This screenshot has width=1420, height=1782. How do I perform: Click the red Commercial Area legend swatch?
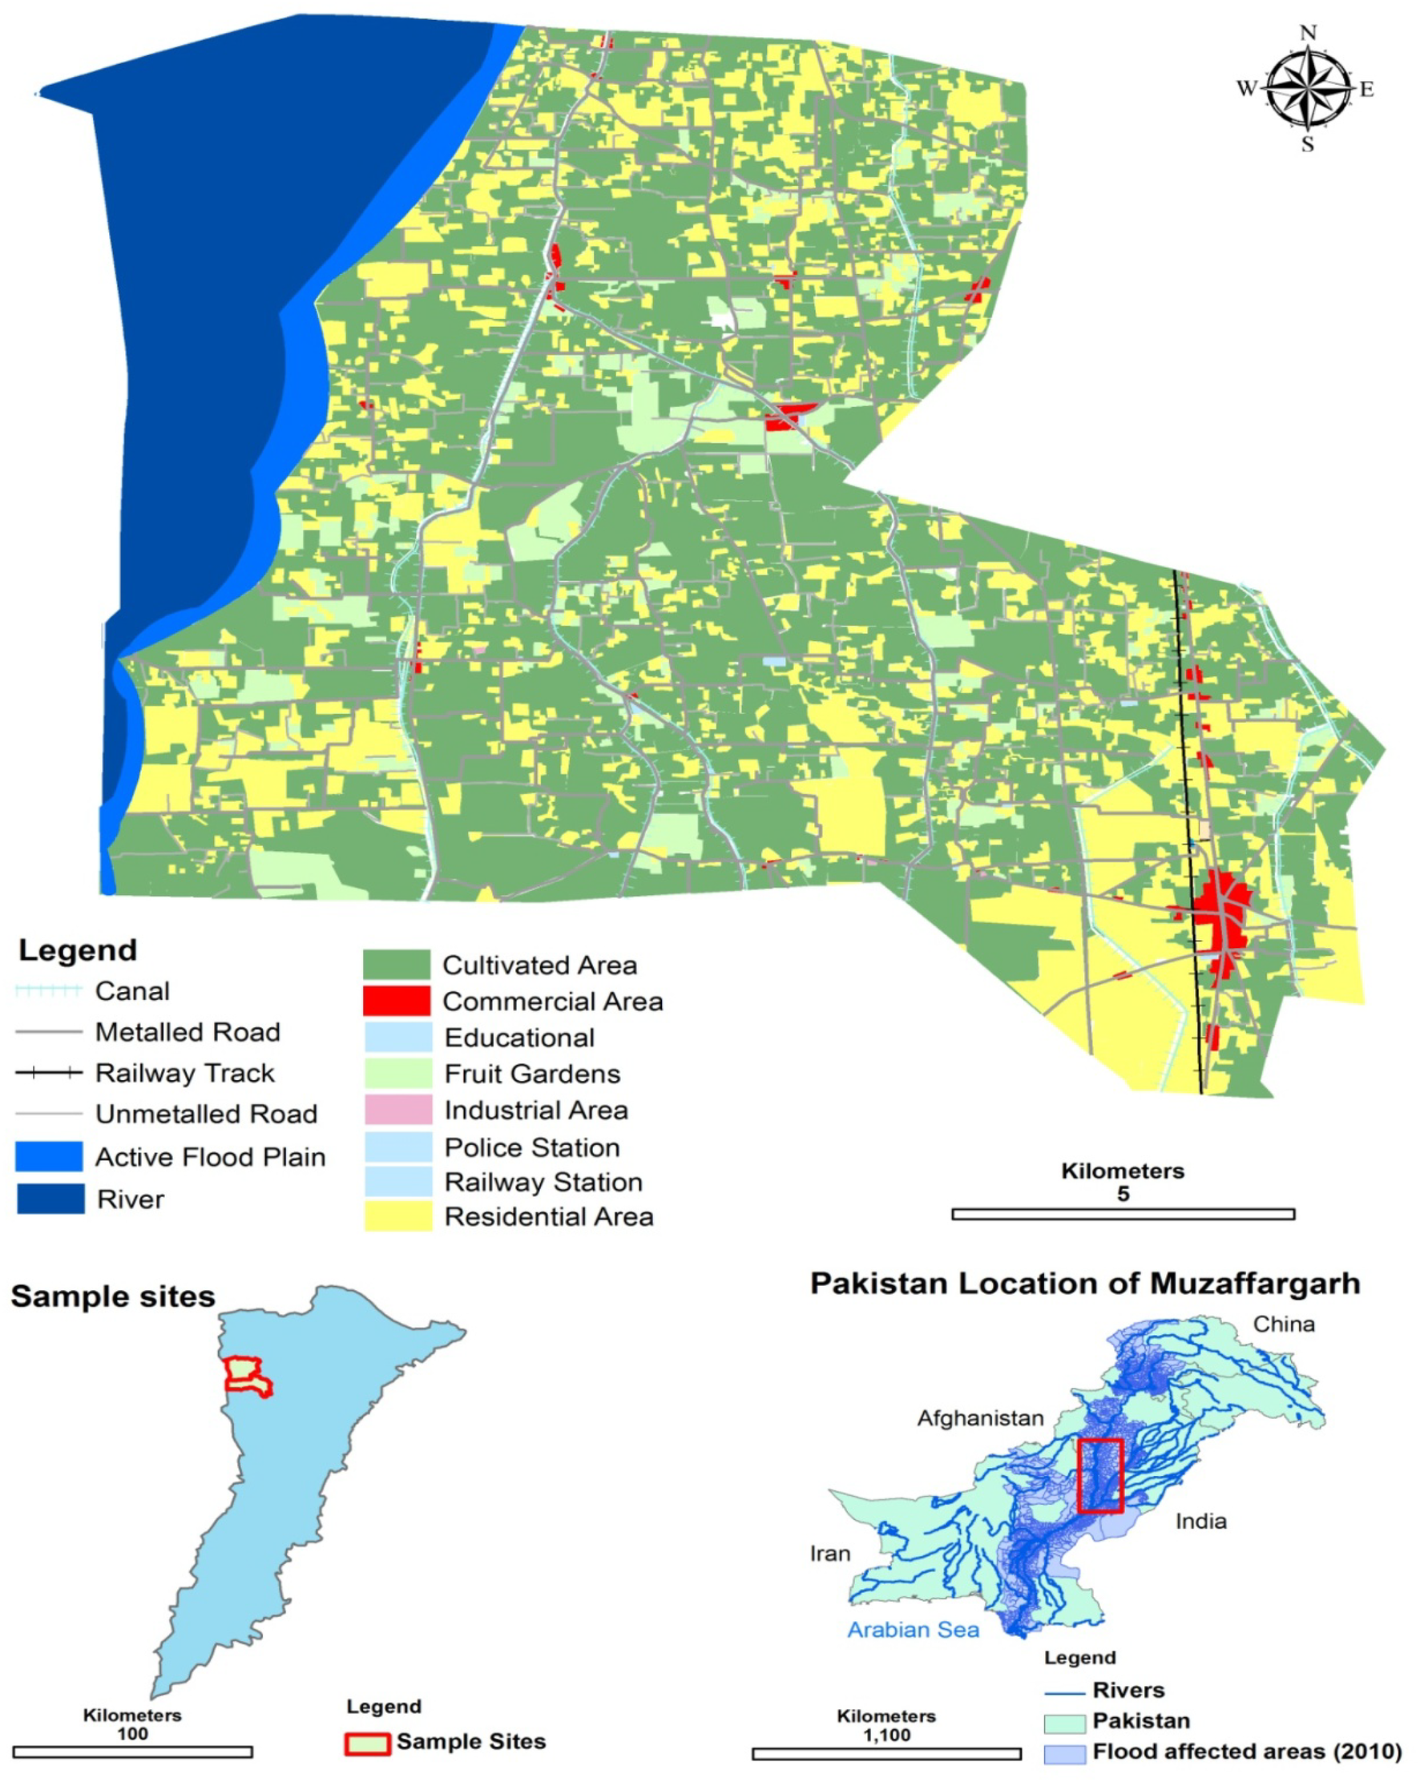pyautogui.click(x=396, y=1000)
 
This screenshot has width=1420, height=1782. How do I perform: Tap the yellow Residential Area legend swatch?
pyautogui.click(x=397, y=1216)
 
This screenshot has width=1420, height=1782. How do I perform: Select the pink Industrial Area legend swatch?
pyautogui.click(x=397, y=1109)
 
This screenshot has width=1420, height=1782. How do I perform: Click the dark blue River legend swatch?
pyautogui.click(x=50, y=1199)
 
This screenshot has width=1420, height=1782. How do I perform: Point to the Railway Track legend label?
pyautogui.click(x=184, y=1073)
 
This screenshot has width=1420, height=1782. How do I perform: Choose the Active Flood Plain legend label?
pyautogui.click(x=210, y=1156)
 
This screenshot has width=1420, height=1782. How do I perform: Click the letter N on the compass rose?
pyautogui.click(x=1308, y=33)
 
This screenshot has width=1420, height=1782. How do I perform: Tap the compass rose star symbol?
pyautogui.click(x=1308, y=87)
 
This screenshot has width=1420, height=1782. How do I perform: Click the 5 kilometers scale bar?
pyautogui.click(x=1123, y=1214)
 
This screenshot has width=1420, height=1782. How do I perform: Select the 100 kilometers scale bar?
pyautogui.click(x=132, y=1752)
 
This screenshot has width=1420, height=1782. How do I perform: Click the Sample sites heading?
pyautogui.click(x=112, y=1296)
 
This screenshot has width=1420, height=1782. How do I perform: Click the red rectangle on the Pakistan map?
pyautogui.click(x=1100, y=1475)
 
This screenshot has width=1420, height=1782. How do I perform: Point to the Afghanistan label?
pyautogui.click(x=980, y=1418)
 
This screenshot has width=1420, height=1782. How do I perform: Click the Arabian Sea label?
pyautogui.click(x=913, y=1629)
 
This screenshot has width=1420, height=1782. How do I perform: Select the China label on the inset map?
pyautogui.click(x=1283, y=1324)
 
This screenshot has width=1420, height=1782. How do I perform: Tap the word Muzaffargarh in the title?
pyautogui.click(x=1254, y=1284)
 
